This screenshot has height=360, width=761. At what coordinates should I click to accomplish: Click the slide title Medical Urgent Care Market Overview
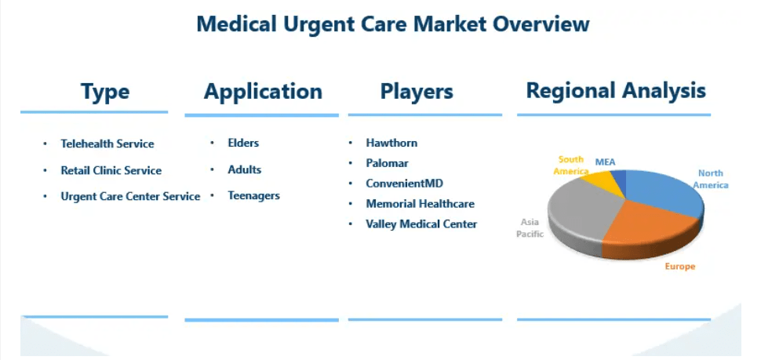pos(392,24)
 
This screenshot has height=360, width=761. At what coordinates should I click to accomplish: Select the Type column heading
pos(105,91)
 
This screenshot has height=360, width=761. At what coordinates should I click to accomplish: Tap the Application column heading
pos(263,91)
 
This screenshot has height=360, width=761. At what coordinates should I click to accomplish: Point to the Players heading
pos(417,91)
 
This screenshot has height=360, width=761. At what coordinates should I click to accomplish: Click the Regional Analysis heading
pos(616,91)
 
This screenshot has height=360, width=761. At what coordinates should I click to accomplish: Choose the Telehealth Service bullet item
pos(107,144)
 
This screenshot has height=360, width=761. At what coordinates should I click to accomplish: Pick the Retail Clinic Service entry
pos(111,171)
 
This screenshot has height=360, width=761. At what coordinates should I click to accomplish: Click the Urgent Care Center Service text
pos(130,197)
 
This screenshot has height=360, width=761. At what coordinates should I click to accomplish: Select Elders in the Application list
pos(243,143)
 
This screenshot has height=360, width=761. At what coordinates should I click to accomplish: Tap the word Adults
pos(245,170)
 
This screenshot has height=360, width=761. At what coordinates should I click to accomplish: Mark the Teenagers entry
pos(254,196)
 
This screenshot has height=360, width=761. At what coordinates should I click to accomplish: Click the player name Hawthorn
pos(391,143)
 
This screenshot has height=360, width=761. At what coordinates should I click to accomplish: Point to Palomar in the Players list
pos(388,163)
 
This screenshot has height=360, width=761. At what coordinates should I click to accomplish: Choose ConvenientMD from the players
pos(405,184)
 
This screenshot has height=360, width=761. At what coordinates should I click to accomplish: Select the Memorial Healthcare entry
pos(421,204)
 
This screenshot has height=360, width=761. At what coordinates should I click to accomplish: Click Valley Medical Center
pos(422,224)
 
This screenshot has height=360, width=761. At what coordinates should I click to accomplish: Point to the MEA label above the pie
pos(605,162)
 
